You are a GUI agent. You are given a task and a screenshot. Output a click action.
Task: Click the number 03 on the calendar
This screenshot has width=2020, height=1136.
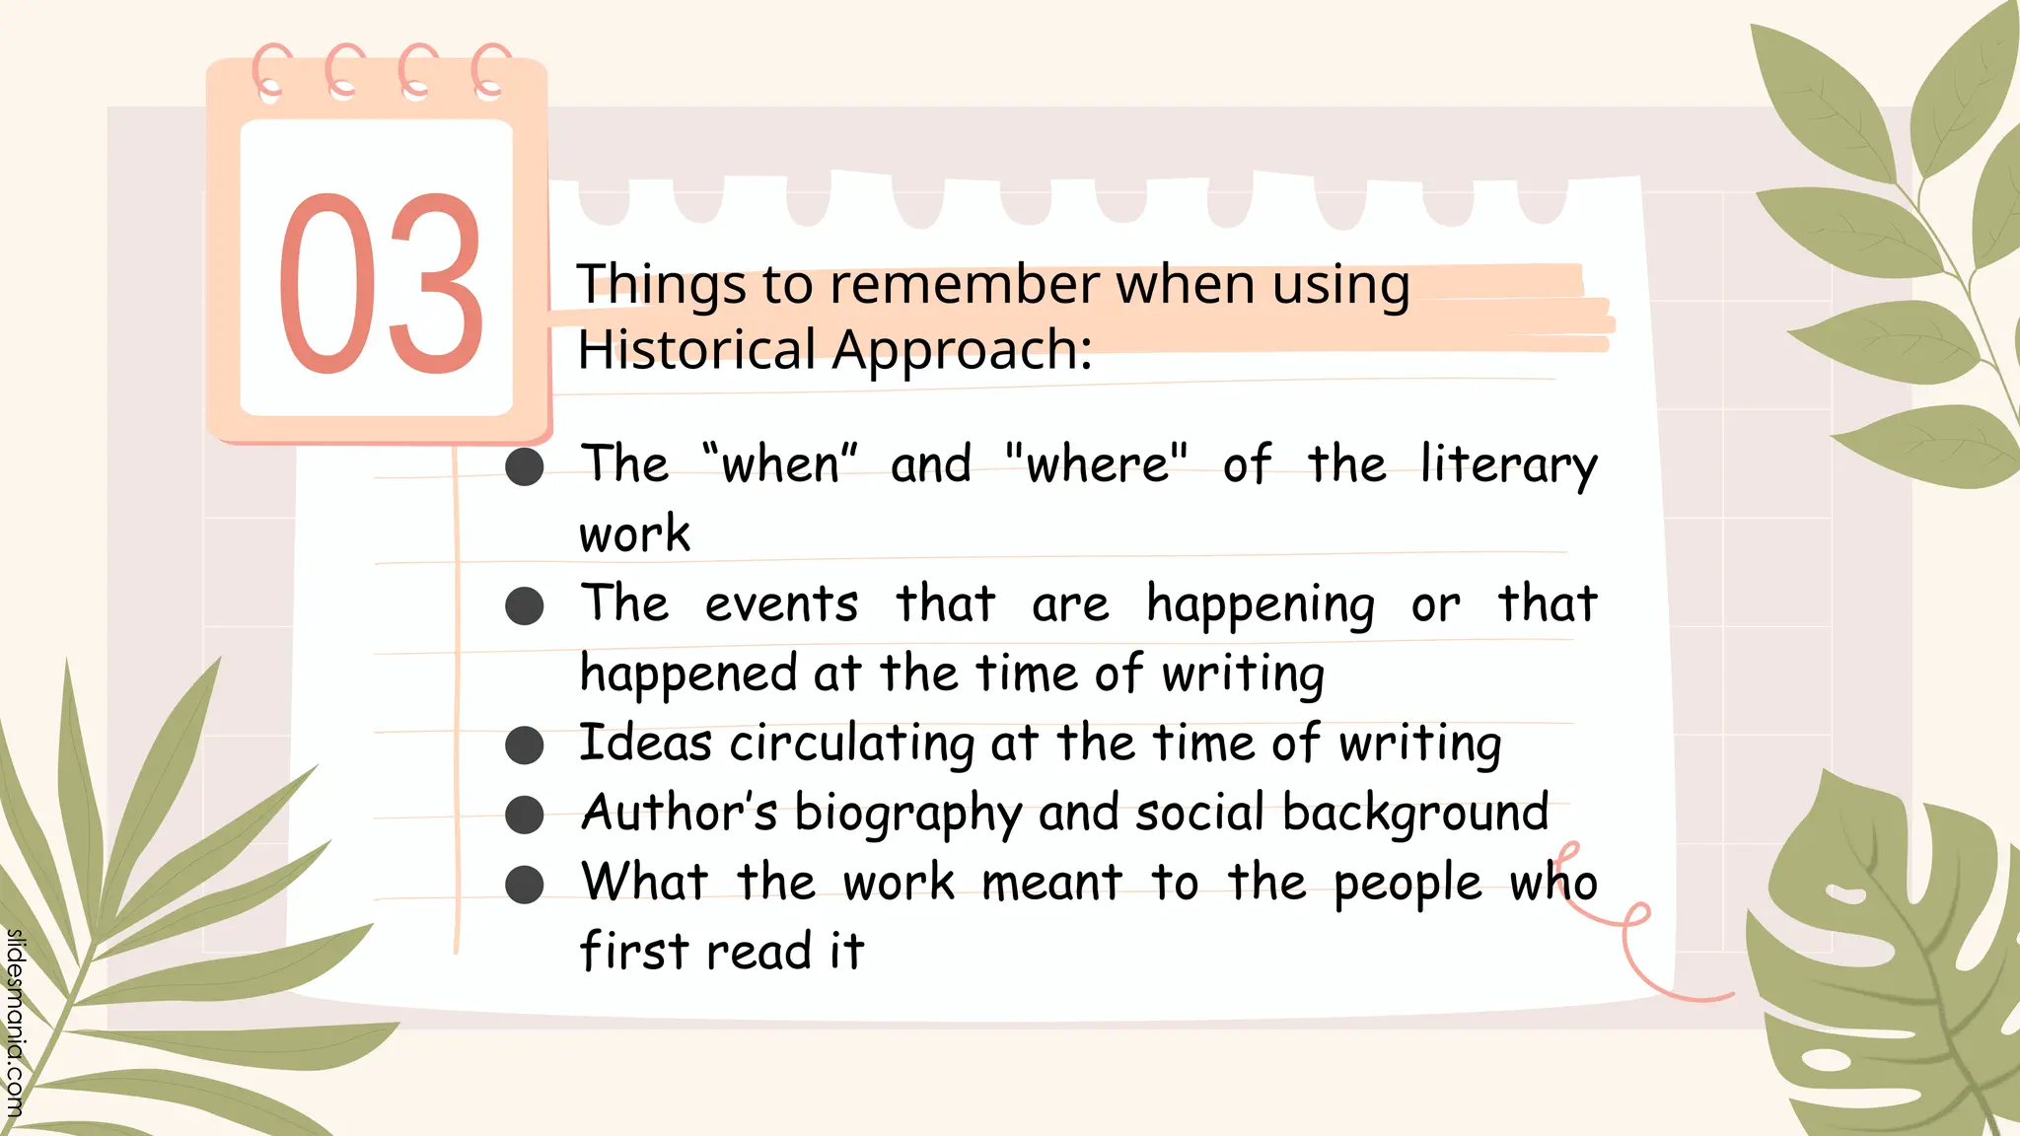pyautogui.click(x=381, y=284)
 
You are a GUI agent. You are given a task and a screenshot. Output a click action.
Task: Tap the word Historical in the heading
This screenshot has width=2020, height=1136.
pyautogui.click(x=696, y=349)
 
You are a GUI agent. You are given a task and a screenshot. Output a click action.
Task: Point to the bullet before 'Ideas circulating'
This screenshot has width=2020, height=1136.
pyautogui.click(x=524, y=745)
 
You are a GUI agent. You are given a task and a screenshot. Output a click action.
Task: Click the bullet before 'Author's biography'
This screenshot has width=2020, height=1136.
pyautogui.click(x=524, y=816)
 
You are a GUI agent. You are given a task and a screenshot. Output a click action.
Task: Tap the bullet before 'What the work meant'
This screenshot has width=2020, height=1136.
pyautogui.click(x=524, y=885)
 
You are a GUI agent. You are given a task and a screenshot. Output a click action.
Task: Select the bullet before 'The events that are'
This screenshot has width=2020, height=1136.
pyautogui.click(x=524, y=605)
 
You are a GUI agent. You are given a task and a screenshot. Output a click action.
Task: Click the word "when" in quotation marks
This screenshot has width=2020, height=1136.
pyautogui.click(x=780, y=463)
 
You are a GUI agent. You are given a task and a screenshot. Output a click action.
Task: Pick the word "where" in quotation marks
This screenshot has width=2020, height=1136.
pyautogui.click(x=1097, y=463)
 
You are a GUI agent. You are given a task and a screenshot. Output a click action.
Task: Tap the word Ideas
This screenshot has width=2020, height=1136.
pyautogui.click(x=645, y=743)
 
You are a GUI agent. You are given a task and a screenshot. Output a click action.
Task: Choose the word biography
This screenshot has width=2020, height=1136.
pyautogui.click(x=907, y=815)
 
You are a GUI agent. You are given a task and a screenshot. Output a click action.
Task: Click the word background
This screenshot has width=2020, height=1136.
pyautogui.click(x=1415, y=814)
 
